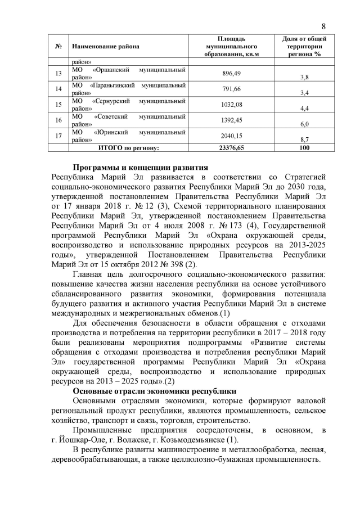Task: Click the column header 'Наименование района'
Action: coord(105,46)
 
